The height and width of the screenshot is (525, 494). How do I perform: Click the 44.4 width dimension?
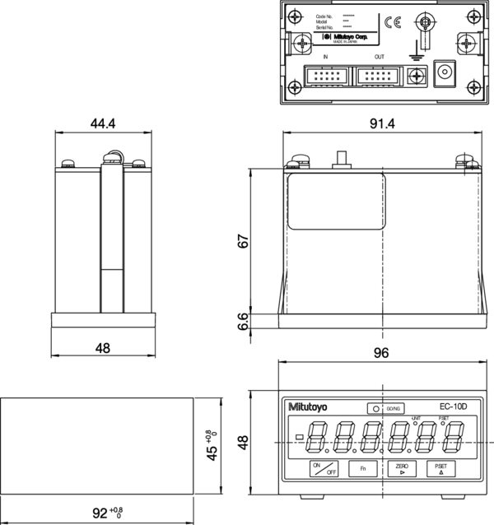[102, 123]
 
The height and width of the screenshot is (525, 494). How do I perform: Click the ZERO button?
[401, 470]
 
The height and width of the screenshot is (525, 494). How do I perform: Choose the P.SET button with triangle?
[440, 470]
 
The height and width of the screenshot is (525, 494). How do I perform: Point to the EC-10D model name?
[452, 407]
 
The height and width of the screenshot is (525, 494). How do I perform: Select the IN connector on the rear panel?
[327, 76]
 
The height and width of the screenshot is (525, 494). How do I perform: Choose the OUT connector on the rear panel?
[379, 76]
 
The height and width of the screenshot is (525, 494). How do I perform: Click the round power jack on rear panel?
[446, 72]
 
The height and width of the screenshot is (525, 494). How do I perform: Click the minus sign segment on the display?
[299, 436]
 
